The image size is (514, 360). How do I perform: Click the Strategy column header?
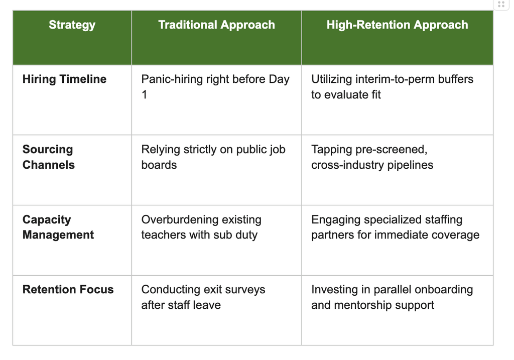72,25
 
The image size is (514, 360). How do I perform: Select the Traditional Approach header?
216,25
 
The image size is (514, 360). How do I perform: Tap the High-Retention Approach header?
398,25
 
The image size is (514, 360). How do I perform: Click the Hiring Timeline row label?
65,79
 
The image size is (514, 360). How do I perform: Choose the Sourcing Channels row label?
49,157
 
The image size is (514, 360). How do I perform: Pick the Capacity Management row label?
58,227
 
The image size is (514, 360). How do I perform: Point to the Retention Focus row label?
68,290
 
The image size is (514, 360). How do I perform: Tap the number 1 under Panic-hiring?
144,95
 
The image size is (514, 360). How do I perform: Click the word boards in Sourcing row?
159,165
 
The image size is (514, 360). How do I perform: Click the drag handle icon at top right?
501,5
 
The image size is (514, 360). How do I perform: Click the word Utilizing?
332,79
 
